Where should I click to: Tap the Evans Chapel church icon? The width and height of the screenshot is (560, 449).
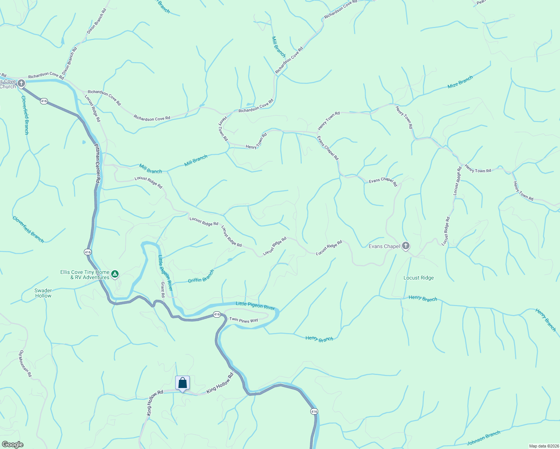(405, 246)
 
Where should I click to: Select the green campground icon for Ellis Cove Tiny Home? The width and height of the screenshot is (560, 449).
(115, 275)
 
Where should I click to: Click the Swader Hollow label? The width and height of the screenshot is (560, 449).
(43, 293)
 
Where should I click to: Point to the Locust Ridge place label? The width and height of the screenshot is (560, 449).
(419, 278)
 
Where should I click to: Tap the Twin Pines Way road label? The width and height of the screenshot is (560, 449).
(244, 320)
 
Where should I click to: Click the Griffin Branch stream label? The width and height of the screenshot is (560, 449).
(201, 276)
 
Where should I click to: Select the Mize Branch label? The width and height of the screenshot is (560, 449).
(460, 82)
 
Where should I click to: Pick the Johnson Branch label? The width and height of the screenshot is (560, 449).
(483, 438)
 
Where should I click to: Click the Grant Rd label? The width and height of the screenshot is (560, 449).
(163, 290)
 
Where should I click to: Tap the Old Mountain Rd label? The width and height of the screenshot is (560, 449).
(26, 363)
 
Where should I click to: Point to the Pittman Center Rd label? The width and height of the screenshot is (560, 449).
(97, 163)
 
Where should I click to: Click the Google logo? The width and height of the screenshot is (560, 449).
(13, 444)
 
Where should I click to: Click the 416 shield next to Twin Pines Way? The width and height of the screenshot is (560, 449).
(217, 315)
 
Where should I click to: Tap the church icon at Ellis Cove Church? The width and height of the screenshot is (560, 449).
(21, 83)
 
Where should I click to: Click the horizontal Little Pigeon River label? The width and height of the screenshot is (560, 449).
(255, 306)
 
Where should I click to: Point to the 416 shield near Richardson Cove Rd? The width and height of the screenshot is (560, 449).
(44, 101)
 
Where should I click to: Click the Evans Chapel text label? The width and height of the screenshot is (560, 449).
(384, 246)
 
